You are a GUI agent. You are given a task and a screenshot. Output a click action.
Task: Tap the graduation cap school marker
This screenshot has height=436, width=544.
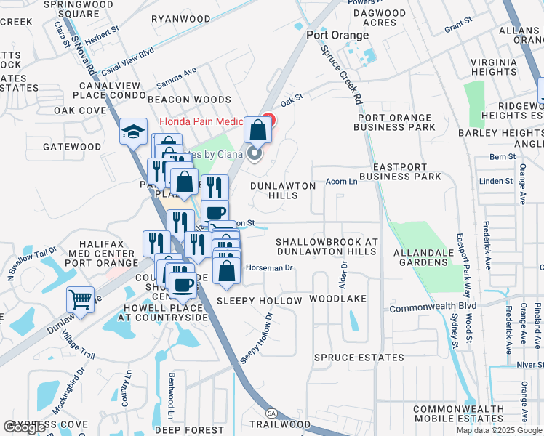(x=133, y=132)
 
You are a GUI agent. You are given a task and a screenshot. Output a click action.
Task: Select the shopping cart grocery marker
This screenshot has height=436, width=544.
(x=80, y=298)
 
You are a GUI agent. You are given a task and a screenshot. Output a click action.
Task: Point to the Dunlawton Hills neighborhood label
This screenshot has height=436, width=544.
(x=284, y=191)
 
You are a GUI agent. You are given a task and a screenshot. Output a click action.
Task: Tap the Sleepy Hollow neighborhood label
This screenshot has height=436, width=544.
(x=259, y=300)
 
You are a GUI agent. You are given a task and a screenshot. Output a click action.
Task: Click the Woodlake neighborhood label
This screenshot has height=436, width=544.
(x=337, y=299)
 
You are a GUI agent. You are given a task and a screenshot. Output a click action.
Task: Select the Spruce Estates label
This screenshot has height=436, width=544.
(x=359, y=358)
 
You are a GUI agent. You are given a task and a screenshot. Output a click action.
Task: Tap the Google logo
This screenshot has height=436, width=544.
(x=24, y=427)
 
